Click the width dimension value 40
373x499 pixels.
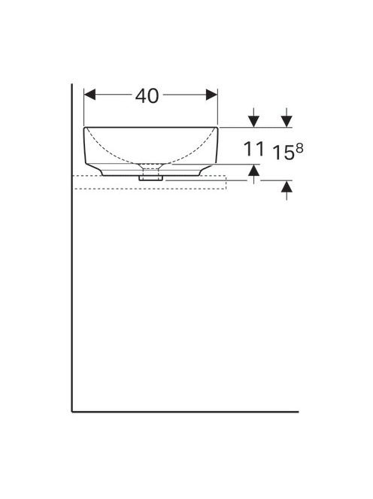pyautogui.click(x=147, y=95)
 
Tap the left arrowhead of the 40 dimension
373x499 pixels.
pyautogui.click(x=89, y=95)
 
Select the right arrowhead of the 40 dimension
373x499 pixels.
pyautogui.click(x=212, y=95)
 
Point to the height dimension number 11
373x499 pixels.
pyautogui.click(x=254, y=150)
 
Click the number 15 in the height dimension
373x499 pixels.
pyautogui.click(x=284, y=153)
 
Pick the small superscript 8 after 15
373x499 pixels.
pyautogui.click(x=299, y=148)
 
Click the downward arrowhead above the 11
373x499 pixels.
pyautogui.click(x=253, y=122)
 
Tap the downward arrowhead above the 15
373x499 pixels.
pyautogui.click(x=287, y=122)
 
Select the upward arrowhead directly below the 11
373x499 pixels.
pyautogui.click(x=253, y=171)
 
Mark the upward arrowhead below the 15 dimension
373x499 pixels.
pyautogui.click(x=287, y=186)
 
